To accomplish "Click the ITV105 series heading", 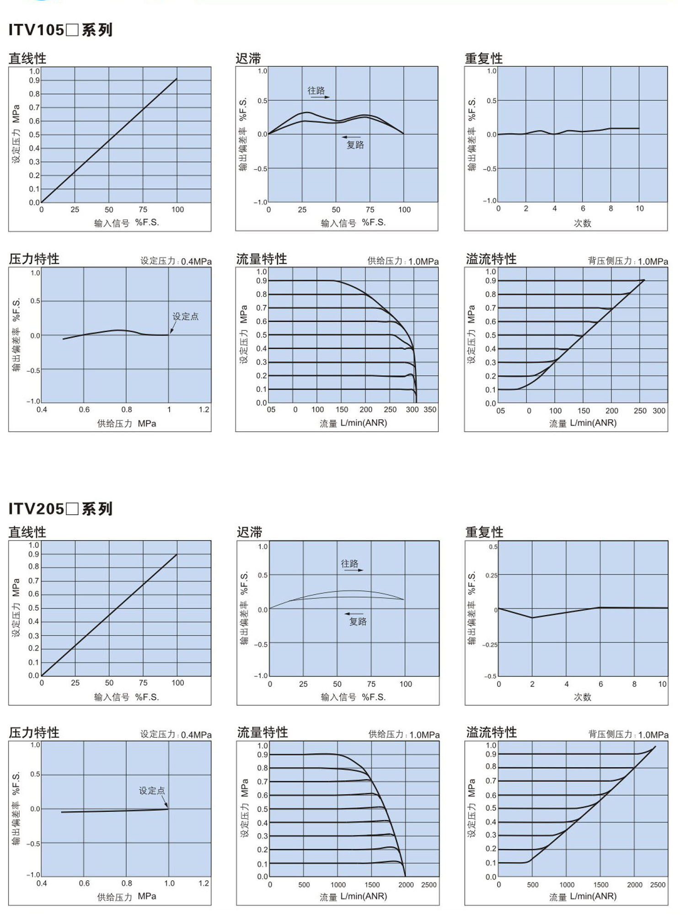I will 60,30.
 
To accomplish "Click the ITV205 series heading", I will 60,509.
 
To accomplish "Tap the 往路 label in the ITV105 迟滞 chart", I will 316,90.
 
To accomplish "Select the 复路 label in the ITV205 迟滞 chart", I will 358,622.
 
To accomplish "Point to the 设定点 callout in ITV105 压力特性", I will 185,316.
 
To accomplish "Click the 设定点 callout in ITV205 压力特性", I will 152,790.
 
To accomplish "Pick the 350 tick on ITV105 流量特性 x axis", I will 430,410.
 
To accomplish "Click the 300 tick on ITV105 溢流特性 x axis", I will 659,410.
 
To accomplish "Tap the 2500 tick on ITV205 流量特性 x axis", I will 429,885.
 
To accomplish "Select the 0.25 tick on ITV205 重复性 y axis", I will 491,575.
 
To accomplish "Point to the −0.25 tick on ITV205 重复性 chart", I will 489,644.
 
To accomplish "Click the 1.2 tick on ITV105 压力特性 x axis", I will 204,410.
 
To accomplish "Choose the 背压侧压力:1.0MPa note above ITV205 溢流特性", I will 628,734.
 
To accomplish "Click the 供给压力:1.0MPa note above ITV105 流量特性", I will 403,261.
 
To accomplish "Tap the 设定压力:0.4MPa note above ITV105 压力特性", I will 176,261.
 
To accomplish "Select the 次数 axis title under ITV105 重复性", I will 582,223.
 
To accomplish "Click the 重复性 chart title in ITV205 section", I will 484,532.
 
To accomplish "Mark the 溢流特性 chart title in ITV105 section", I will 491,259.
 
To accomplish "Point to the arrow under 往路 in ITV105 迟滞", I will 321,97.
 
